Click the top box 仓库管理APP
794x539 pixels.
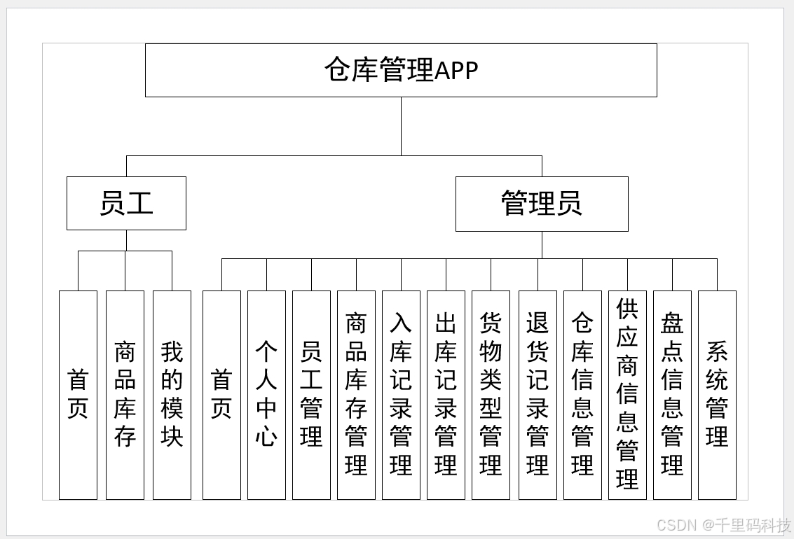point(401,70)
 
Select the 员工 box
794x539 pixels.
point(126,203)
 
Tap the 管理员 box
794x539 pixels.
point(542,204)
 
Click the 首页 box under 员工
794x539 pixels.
point(78,395)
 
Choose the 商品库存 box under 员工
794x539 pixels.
point(125,395)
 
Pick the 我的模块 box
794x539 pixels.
point(172,395)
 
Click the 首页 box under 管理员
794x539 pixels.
point(221,395)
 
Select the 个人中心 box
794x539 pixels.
point(266,395)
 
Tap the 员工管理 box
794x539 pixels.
point(311,395)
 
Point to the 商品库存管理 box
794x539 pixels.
point(356,395)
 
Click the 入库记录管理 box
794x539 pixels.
point(401,395)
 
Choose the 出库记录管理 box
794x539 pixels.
point(446,395)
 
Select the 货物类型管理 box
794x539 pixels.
point(491,395)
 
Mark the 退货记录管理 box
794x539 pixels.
point(538,395)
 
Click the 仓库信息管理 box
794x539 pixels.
point(582,395)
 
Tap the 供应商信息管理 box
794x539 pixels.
point(627,395)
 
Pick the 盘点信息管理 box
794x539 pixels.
point(672,395)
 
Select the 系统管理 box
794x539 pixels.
point(717,395)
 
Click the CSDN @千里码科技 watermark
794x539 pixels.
point(724,525)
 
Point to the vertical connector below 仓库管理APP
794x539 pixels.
point(402,126)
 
